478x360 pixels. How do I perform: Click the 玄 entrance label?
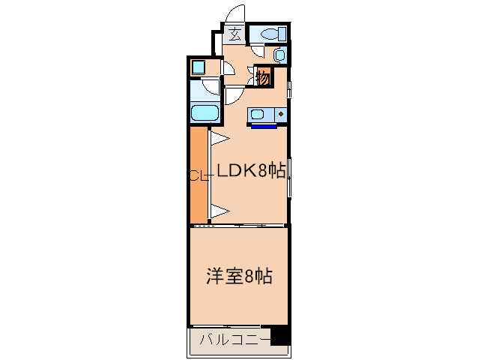234,34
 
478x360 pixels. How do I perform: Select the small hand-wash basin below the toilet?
279,55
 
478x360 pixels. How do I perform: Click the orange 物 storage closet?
263,76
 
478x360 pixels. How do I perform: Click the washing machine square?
198,67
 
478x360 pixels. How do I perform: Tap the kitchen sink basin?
259,115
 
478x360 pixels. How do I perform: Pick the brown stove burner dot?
281,114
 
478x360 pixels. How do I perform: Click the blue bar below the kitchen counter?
264,126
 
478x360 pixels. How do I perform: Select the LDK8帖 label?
251,172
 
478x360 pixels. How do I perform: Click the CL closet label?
196,176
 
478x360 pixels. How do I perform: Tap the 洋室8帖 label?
239,276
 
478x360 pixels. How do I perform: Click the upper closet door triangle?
218,139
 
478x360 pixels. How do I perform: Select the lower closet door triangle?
218,211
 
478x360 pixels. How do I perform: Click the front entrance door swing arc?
235,14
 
